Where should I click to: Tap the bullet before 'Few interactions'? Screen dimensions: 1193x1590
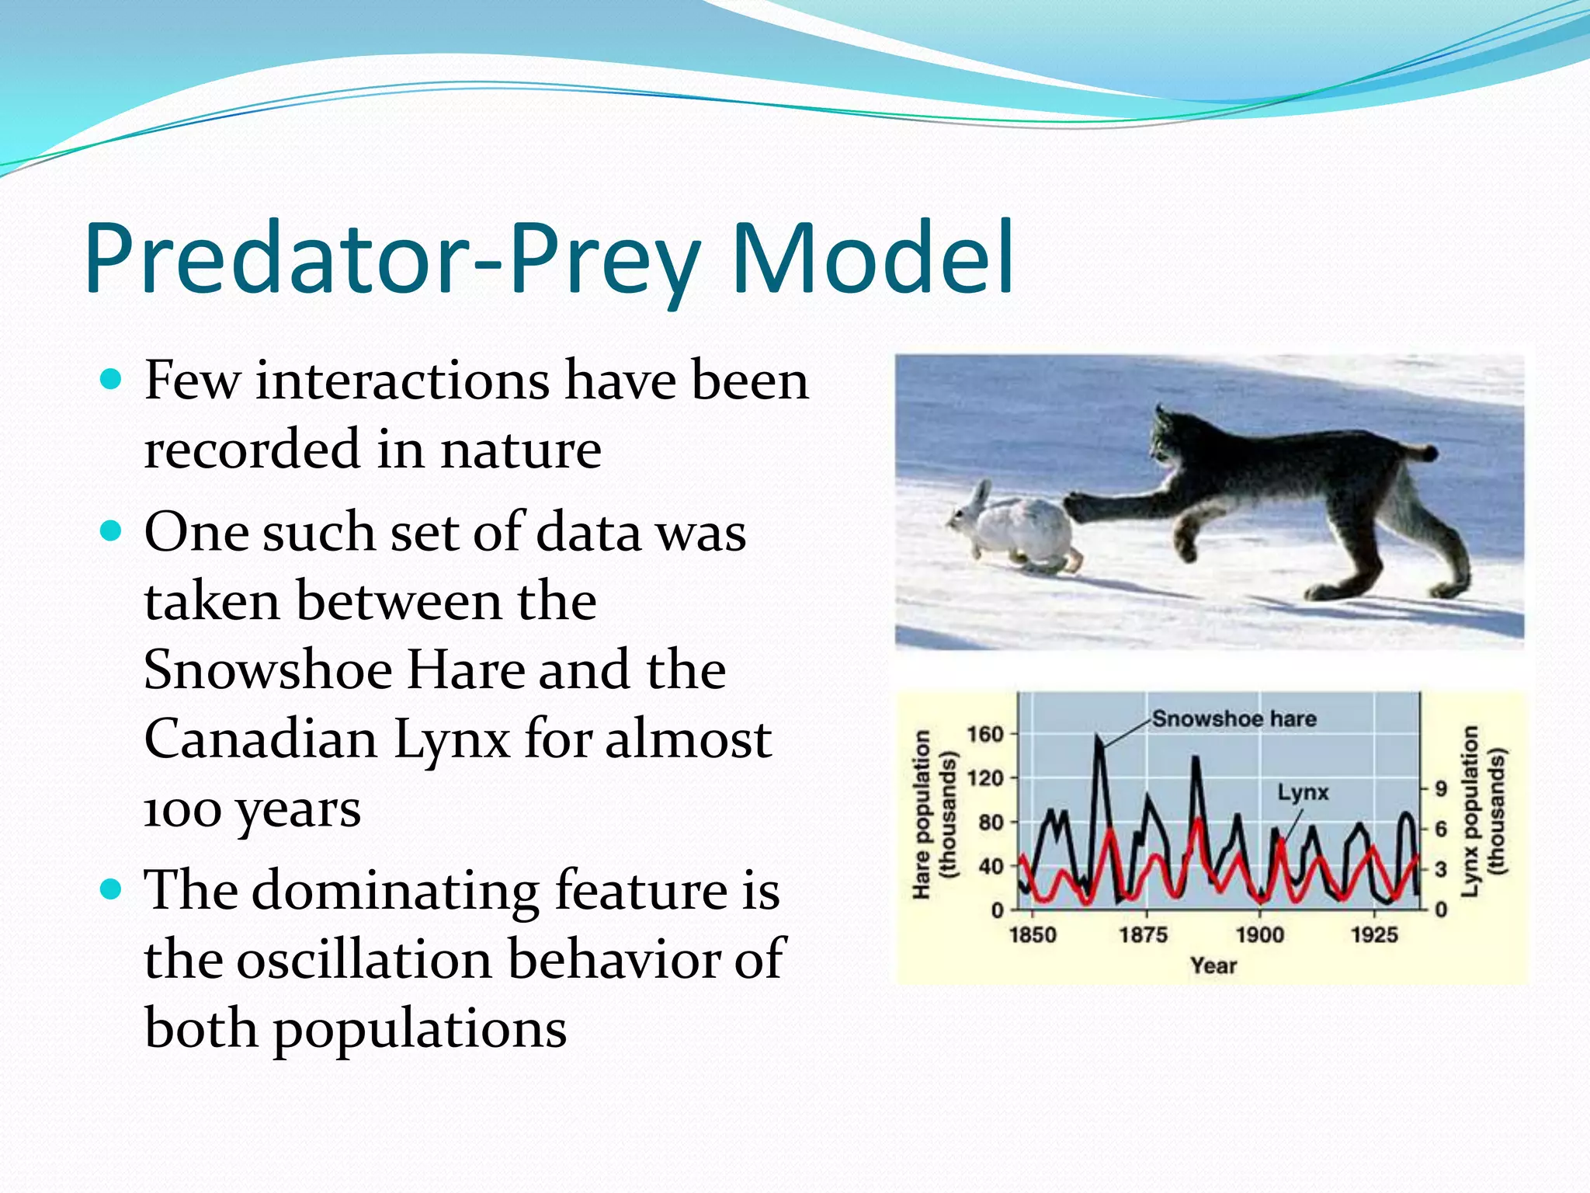(x=112, y=380)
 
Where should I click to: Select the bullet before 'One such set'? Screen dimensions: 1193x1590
(x=112, y=531)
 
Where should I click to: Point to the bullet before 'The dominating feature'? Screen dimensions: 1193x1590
(x=112, y=889)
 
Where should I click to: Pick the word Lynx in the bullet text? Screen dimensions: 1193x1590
(x=451, y=739)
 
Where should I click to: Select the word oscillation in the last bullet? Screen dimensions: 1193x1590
(x=370, y=959)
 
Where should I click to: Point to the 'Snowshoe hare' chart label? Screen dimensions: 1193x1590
(x=1234, y=718)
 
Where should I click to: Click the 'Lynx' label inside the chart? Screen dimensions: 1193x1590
(x=1303, y=792)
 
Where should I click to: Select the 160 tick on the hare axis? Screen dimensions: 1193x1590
(x=984, y=734)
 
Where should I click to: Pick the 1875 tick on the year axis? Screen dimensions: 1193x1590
(x=1143, y=934)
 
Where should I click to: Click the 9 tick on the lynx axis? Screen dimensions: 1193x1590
(x=1441, y=789)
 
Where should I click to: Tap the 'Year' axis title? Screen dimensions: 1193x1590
(x=1213, y=965)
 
